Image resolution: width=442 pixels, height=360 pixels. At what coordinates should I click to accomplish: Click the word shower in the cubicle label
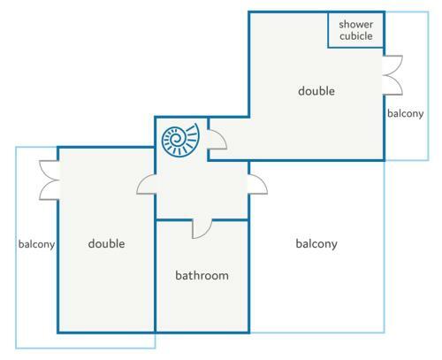tap(356, 24)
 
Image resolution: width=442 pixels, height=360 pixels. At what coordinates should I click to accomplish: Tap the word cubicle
tap(356, 36)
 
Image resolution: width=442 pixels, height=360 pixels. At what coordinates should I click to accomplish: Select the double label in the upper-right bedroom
tap(316, 91)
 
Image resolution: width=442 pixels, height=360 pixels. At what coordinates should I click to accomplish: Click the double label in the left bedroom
tap(106, 243)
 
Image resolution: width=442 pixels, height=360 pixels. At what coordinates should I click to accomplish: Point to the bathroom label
tap(202, 275)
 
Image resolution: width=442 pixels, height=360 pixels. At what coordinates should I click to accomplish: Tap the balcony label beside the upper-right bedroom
tap(406, 113)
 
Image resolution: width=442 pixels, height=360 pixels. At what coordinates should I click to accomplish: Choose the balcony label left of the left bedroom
tap(36, 244)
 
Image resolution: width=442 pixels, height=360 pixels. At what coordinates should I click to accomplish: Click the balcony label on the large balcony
tap(316, 244)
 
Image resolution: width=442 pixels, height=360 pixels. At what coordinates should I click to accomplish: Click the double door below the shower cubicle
tap(393, 75)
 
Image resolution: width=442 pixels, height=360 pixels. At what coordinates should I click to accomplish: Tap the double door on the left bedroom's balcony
tap(50, 180)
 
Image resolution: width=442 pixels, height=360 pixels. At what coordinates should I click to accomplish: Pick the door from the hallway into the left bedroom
tap(146, 184)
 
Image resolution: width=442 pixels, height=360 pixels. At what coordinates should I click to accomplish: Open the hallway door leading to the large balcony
tap(258, 184)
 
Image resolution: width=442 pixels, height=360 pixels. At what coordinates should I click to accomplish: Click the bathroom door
tap(202, 228)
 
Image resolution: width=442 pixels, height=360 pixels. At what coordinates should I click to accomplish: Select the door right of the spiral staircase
tap(217, 139)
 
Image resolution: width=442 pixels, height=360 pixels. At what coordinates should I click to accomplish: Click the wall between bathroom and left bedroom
tap(155, 276)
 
